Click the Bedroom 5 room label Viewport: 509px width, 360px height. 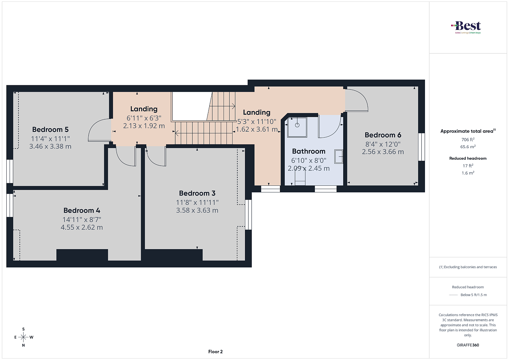pyautogui.click(x=50, y=129)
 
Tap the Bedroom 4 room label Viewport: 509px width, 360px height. pyautogui.click(x=82, y=210)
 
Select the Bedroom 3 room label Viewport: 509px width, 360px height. pyautogui.click(x=197, y=193)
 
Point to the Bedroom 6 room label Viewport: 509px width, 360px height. pyautogui.click(x=383, y=135)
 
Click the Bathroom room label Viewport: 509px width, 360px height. pyautogui.click(x=309, y=151)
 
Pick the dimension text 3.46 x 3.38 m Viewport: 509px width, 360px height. pyautogui.click(x=50, y=146)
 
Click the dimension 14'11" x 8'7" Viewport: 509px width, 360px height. pyautogui.click(x=82, y=220)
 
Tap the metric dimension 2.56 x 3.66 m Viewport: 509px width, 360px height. pyautogui.click(x=383, y=152)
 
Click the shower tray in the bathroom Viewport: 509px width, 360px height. pyautogui.click(x=297, y=127)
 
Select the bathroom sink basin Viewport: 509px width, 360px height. pyautogui.click(x=338, y=156)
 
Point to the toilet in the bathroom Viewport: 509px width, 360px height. pyautogui.click(x=300, y=177)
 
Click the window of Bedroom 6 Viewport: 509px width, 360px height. pyautogui.click(x=422, y=147)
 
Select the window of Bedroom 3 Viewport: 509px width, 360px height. pyautogui.click(x=248, y=215)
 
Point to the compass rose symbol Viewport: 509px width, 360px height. pyautogui.click(x=24, y=337)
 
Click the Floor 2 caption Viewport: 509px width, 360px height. pyautogui.click(x=215, y=352)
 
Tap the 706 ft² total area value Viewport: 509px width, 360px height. pyautogui.click(x=468, y=140)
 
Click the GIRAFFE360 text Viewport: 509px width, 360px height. pyautogui.click(x=468, y=345)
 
